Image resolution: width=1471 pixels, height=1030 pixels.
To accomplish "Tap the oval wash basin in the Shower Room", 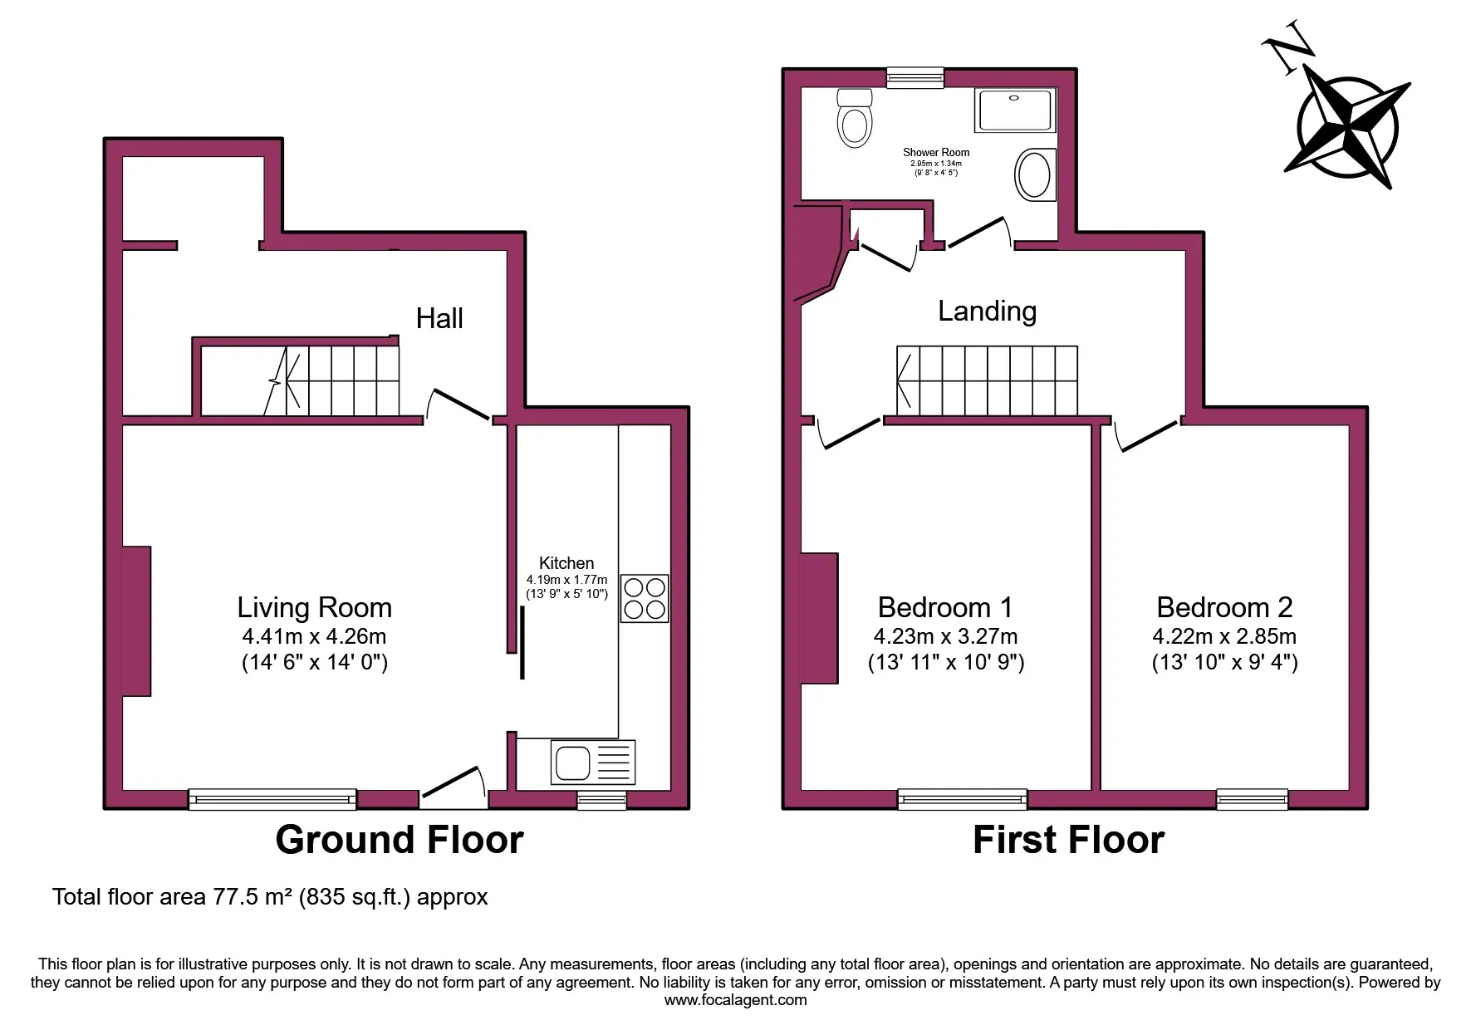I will tap(1033, 174).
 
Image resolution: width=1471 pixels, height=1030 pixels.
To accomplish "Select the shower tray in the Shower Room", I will tap(1015, 110).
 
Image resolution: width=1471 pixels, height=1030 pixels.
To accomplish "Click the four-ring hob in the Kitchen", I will tap(645, 599).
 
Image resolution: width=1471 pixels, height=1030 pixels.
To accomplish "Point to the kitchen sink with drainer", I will tap(592, 763).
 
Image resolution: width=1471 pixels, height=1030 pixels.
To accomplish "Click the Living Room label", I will tap(314, 608).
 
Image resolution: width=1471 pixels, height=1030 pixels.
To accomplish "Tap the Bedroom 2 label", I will tap(1224, 608).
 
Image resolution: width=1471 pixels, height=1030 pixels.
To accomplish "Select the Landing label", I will tap(987, 311).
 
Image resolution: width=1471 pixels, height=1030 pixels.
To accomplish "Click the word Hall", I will tap(439, 318).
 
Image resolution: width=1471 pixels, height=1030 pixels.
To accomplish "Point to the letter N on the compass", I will tap(1287, 53).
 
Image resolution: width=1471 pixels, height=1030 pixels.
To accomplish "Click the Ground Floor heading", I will tap(399, 840).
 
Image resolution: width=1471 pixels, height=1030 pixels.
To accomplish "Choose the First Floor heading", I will tap(1068, 840).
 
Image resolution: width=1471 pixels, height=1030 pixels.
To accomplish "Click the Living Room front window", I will tap(272, 799).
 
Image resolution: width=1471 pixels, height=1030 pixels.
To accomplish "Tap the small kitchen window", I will tap(602, 799).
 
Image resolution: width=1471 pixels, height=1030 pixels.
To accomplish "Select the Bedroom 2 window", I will tap(1252, 799).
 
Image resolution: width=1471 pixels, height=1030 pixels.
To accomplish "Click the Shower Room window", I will tap(915, 78).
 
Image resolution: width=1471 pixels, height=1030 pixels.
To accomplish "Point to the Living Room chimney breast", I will tap(137, 620).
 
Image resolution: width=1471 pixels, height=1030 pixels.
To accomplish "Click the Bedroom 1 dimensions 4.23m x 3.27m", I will tap(945, 637).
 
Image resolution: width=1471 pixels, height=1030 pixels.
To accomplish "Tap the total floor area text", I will tap(270, 897).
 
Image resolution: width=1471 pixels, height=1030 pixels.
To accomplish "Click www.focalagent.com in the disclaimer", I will tap(735, 1000).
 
